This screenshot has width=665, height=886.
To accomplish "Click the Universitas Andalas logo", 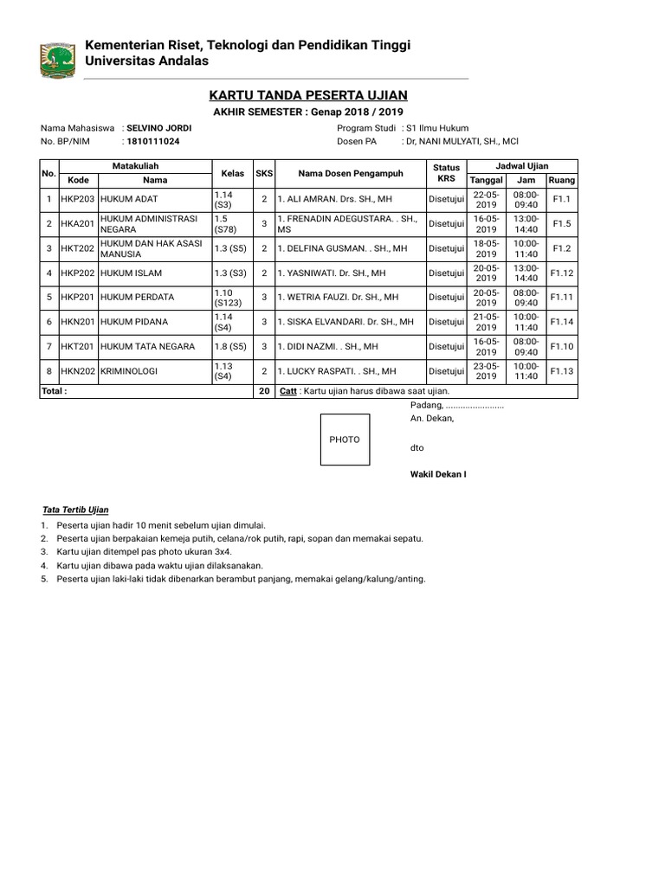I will coord(57,59).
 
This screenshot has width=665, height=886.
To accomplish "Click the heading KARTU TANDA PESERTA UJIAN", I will coord(308,94).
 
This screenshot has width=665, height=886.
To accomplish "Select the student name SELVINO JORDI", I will coord(158,128).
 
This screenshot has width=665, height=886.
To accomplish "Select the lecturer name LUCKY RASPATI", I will coord(336,371).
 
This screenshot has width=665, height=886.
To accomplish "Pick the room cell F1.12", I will coord(562,273).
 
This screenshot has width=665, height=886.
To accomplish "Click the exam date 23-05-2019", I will coord(487,371).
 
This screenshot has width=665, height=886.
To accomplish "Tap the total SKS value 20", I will coord(263,391).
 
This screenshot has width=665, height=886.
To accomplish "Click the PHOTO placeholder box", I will coord(344,440).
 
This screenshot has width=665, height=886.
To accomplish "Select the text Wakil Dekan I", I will coord(438,475).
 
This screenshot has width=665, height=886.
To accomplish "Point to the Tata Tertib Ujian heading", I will coord(76,509).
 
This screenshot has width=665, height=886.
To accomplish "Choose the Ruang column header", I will coord(562,179).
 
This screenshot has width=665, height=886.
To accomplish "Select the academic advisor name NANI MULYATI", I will coord(460,141).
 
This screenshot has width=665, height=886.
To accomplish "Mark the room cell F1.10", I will coord(562,346).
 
